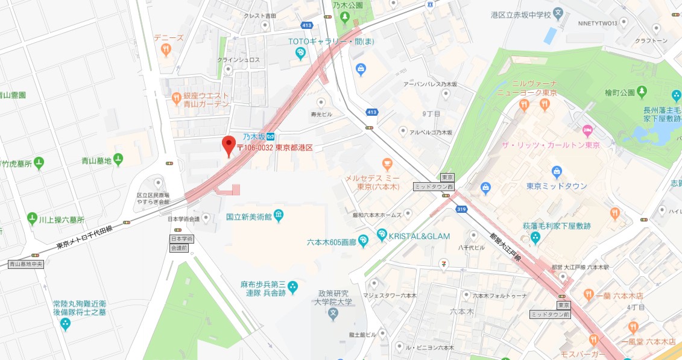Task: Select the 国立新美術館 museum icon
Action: tap(278, 215)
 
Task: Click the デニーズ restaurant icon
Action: tap(166, 50)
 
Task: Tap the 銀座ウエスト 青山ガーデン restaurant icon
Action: tap(176, 97)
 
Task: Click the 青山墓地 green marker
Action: tap(118, 160)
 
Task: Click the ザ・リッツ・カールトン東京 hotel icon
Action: tap(587, 130)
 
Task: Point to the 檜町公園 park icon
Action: tap(642, 92)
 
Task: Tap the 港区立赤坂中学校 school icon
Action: tap(559, 13)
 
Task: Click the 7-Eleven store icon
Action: tap(444, 262)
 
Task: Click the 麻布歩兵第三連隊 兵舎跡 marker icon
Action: tap(292, 286)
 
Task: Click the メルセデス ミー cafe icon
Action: tap(387, 163)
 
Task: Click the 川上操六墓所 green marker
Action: tap(32, 218)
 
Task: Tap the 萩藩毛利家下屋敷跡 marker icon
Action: tap(535, 239)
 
